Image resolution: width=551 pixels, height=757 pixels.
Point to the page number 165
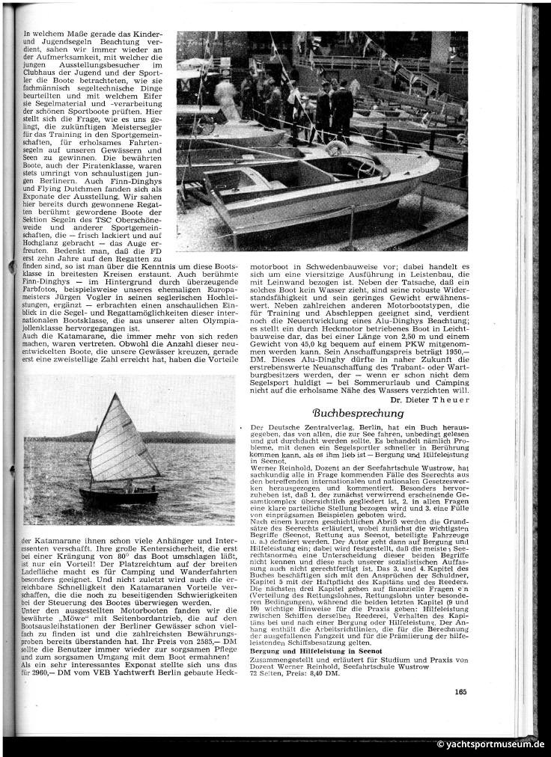460,691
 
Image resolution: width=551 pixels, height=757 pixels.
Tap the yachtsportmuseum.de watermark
492,744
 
